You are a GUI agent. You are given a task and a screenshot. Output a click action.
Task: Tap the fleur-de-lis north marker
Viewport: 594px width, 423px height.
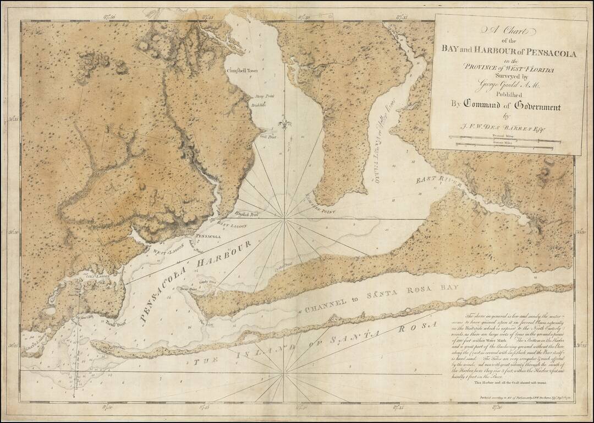pos(284,123)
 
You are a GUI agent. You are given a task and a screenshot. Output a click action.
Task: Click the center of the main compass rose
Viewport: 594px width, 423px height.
pos(284,219)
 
